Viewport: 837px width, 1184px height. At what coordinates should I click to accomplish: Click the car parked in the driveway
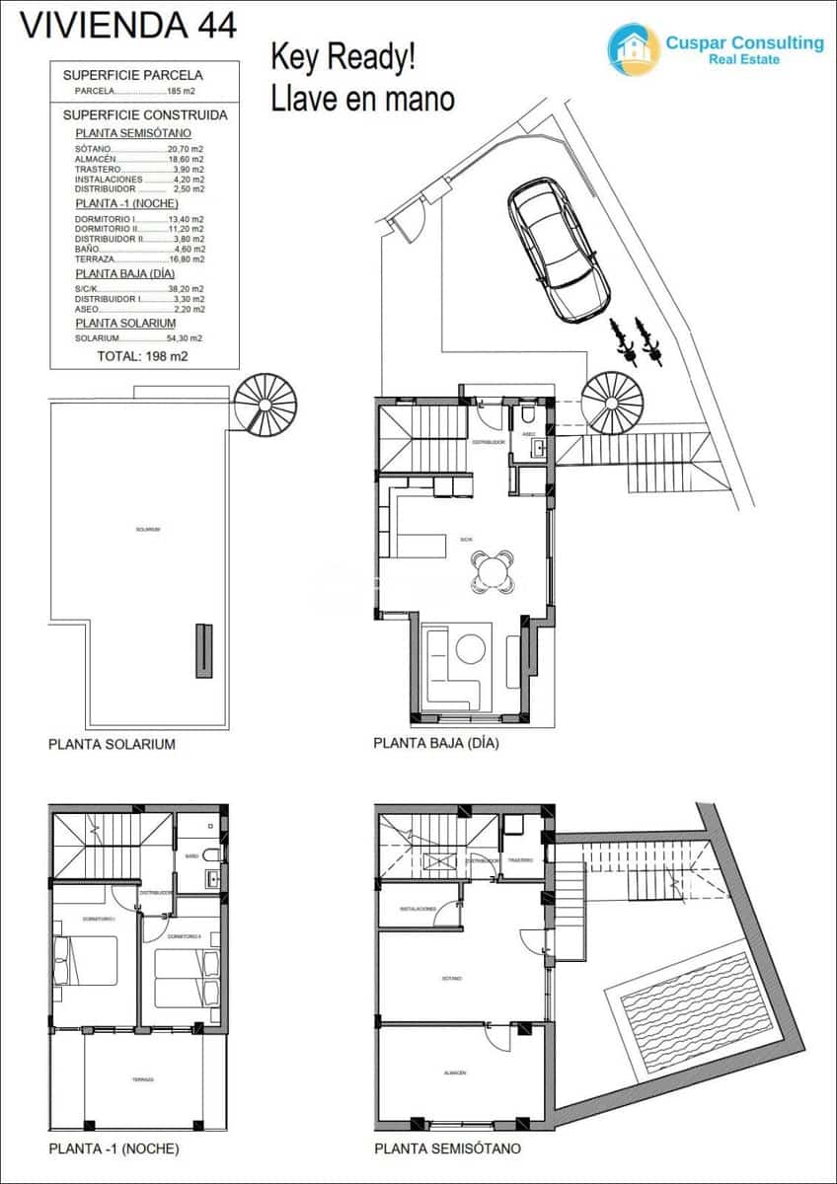click(x=559, y=248)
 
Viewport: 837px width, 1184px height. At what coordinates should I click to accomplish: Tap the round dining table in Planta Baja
click(x=493, y=572)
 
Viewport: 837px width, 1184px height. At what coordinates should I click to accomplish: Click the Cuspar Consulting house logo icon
click(x=633, y=49)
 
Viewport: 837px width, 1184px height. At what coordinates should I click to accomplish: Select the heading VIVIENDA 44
click(x=128, y=25)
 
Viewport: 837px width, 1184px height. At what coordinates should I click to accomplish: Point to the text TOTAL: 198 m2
click(x=144, y=356)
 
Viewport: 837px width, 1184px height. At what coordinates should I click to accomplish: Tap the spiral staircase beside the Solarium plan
click(x=266, y=405)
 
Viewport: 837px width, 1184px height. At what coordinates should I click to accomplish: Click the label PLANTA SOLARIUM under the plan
click(x=112, y=744)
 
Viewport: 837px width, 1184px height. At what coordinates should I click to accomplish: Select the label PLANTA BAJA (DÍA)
click(x=436, y=744)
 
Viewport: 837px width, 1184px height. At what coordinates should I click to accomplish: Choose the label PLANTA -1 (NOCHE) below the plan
click(x=114, y=1148)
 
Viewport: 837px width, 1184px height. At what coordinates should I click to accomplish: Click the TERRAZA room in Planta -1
click(x=143, y=1079)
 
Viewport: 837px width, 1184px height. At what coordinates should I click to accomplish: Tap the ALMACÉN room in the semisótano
click(x=455, y=1073)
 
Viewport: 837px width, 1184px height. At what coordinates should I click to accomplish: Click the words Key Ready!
click(x=343, y=58)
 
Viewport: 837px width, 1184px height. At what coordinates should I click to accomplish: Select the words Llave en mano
click(x=362, y=99)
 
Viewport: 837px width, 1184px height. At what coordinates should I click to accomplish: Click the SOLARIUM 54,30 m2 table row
click(x=139, y=338)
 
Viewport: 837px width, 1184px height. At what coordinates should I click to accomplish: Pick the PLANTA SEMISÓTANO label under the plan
click(x=447, y=1148)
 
